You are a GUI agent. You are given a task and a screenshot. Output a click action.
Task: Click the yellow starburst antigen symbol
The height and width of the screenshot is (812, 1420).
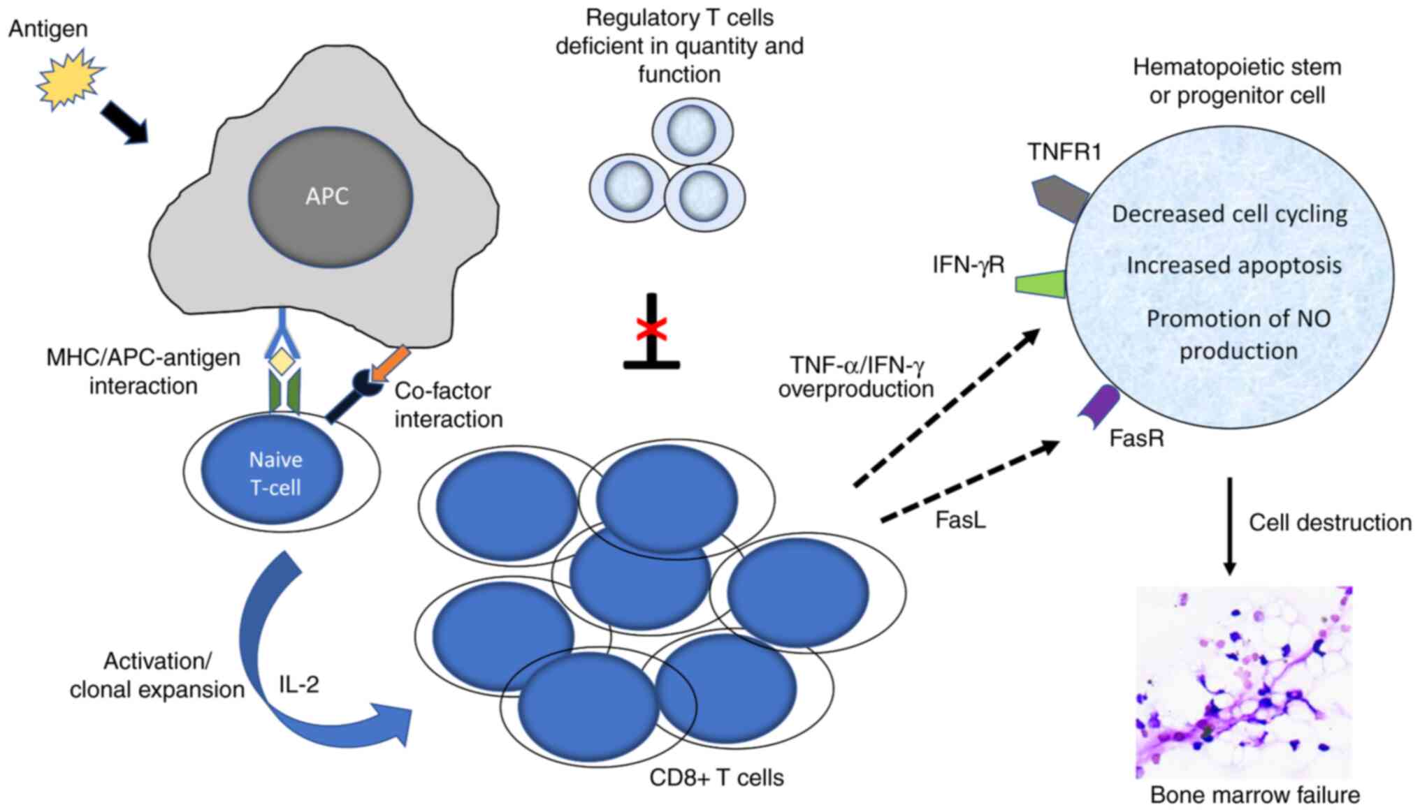[70, 79]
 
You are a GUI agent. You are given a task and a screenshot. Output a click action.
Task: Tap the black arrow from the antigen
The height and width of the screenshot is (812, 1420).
[124, 121]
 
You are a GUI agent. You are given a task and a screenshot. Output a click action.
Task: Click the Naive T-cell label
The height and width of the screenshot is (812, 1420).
[275, 473]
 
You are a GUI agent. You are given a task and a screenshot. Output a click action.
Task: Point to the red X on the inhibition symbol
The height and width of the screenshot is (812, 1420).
[651, 328]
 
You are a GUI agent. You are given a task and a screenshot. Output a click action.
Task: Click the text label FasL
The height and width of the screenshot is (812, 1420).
[960, 521]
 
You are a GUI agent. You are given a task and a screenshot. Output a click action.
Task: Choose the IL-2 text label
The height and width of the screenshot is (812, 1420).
[299, 685]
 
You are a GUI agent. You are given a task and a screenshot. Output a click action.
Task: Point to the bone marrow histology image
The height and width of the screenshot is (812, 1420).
[1244, 682]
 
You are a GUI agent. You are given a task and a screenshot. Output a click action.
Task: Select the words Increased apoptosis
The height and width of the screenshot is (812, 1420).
[1233, 266]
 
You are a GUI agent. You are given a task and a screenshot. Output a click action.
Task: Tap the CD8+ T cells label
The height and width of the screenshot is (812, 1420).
[716, 778]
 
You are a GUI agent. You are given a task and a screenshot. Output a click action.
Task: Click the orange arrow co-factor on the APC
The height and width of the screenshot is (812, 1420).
[389, 363]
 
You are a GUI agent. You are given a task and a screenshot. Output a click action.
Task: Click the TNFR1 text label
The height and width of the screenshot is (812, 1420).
[1064, 152]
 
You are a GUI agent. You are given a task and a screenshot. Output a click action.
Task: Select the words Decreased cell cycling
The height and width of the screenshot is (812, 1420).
[1229, 214]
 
